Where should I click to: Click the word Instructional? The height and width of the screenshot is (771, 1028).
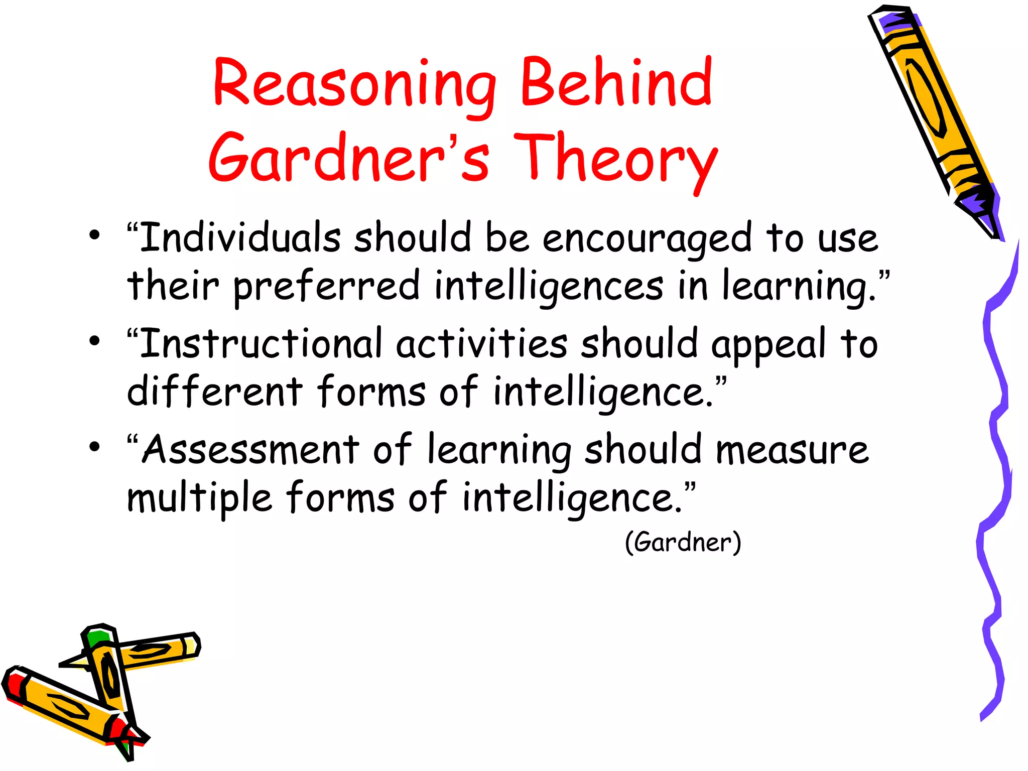tap(261, 344)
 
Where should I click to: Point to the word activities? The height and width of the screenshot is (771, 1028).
tap(482, 344)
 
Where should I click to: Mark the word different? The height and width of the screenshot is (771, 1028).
tap(215, 391)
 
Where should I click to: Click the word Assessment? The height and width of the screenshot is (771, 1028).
tap(251, 450)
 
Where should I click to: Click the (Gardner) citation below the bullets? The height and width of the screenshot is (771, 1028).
tap(683, 543)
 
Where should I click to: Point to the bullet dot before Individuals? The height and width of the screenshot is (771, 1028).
tap(94, 235)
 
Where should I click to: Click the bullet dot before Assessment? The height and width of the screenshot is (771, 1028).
tap(94, 447)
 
